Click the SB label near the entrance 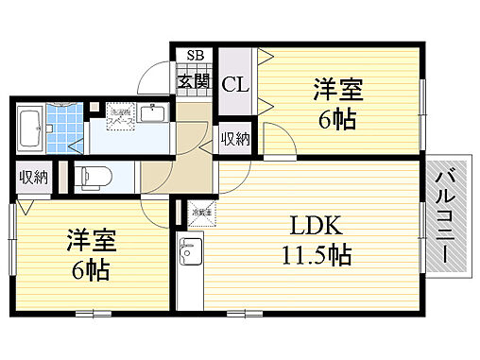[196, 55]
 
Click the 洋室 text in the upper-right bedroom [339, 91]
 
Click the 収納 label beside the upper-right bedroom [234, 140]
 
